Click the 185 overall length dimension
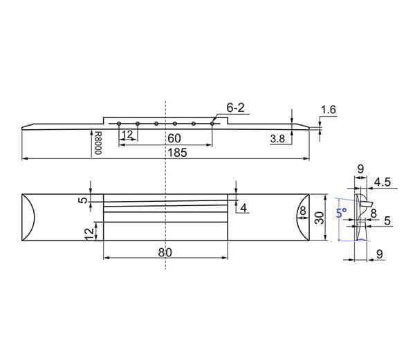[x=177, y=153]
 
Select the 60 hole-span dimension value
[x=174, y=138]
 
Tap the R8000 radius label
[x=98, y=143]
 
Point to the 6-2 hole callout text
[x=235, y=108]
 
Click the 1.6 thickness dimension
[x=329, y=110]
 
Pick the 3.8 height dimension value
[x=277, y=138]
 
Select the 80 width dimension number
[x=165, y=252]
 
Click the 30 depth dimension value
[x=320, y=218]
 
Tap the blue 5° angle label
[x=342, y=213]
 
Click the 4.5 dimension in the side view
[x=382, y=182]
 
